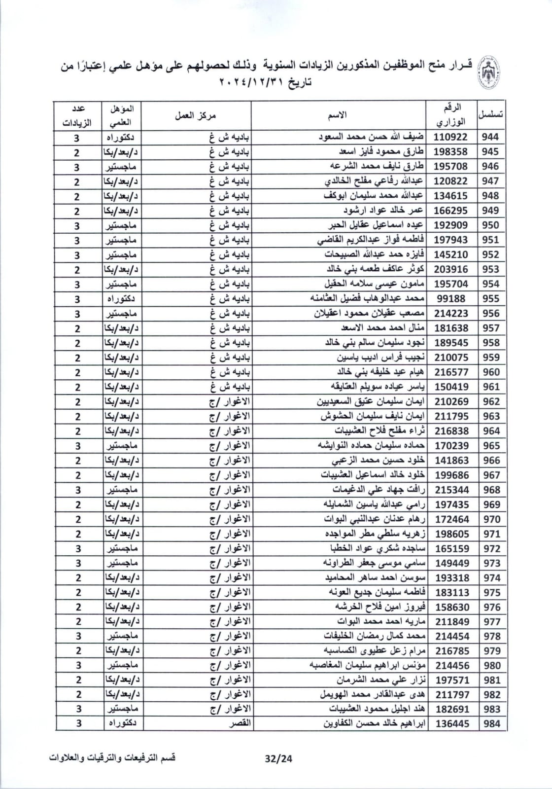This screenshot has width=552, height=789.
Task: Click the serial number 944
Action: pos(490,137)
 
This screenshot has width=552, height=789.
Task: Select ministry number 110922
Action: pos(450,137)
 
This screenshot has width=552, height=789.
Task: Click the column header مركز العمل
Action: pos(196,115)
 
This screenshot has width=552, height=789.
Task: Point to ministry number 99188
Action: pos(450,299)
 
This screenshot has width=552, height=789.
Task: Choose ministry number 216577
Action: pos(451,372)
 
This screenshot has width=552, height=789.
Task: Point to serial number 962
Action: pos(490,402)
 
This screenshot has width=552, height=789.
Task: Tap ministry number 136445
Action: pos(451,724)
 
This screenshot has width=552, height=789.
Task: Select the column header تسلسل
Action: pos(490,114)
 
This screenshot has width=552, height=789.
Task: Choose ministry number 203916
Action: pos(451,269)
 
